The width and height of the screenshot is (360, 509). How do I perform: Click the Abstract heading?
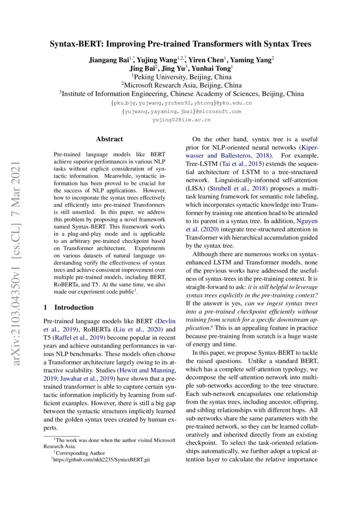tap(109, 139)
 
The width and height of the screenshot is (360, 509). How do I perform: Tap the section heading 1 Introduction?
tap(69, 307)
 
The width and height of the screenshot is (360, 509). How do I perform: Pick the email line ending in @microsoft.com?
tap(181, 111)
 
